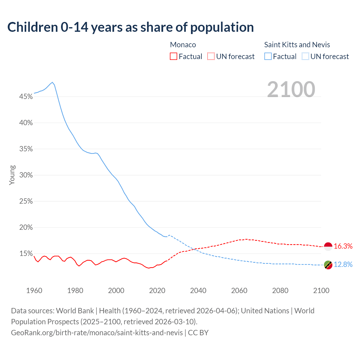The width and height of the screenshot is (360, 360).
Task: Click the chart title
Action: point(130,27)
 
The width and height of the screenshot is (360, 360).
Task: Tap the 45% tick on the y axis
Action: point(26,97)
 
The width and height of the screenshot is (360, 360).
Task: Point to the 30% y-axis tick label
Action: point(26,175)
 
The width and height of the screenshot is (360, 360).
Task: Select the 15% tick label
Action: point(26,254)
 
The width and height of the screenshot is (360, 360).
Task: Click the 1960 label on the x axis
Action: point(34,291)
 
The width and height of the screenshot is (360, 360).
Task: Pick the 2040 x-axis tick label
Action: point(198,291)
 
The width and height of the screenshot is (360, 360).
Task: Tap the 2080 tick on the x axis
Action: point(280,291)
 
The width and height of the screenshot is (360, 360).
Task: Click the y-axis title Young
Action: point(12,175)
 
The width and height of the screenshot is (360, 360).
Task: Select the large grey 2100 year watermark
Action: point(291,89)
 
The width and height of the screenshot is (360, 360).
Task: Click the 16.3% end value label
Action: point(343,246)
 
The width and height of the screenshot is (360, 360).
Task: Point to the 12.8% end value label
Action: point(343,265)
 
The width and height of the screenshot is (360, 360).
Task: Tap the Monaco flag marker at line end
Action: point(328,246)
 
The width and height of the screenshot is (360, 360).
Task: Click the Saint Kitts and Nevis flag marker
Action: point(328,265)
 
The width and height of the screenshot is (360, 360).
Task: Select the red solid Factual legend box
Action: point(174,57)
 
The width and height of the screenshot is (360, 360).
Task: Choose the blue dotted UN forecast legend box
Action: point(305,57)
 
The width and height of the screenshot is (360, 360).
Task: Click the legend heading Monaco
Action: point(183,45)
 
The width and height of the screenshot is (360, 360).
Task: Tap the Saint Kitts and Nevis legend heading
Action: point(297,45)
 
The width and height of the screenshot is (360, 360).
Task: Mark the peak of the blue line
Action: point(52,82)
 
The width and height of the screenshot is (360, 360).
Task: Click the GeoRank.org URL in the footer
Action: point(97,333)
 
